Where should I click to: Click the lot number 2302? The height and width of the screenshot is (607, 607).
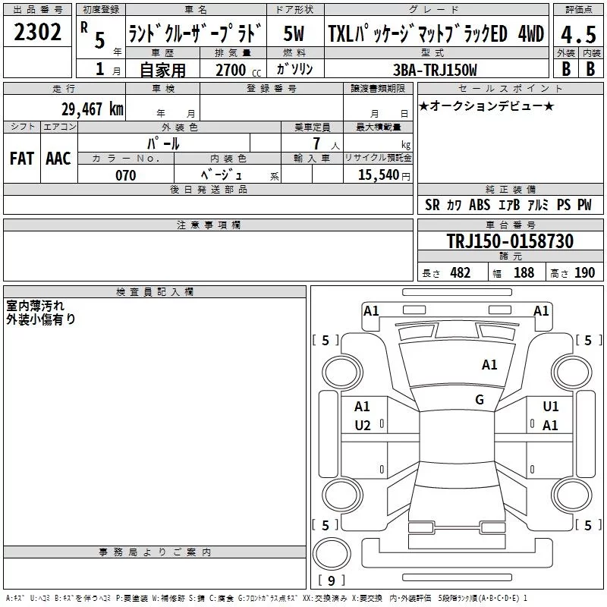click(37, 32)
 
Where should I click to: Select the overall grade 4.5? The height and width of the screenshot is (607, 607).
click(578, 34)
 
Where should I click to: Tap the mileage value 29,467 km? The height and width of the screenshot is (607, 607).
click(92, 109)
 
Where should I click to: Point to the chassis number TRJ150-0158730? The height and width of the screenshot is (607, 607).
click(510, 241)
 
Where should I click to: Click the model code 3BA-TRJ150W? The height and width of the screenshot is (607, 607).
click(435, 70)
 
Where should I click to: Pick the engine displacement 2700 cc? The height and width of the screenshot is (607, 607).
click(238, 70)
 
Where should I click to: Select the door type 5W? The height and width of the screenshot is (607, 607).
click(294, 33)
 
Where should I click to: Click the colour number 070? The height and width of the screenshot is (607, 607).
click(126, 175)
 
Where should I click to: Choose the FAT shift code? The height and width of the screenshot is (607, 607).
click(22, 159)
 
